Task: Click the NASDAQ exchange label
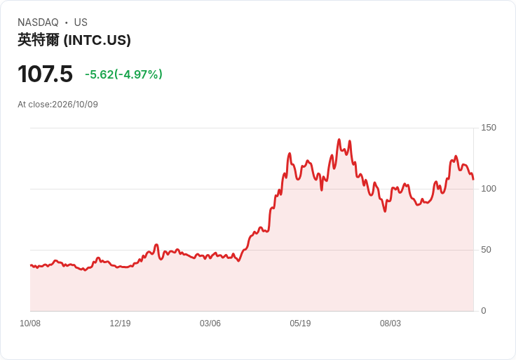[38, 22]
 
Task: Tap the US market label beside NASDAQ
[81, 22]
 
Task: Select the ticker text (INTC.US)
[97, 40]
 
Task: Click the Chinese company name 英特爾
[39, 40]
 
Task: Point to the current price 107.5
[45, 74]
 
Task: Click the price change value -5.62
[99, 74]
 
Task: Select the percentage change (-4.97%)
[138, 74]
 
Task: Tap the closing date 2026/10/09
[75, 105]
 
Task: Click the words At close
[34, 105]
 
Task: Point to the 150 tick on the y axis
[489, 128]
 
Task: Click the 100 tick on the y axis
[489, 189]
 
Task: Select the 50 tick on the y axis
[486, 250]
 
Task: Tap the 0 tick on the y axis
[484, 311]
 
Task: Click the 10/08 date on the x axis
[30, 324]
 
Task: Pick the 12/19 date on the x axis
[120, 324]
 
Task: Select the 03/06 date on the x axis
[210, 324]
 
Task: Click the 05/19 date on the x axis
[300, 324]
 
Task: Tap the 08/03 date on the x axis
[391, 324]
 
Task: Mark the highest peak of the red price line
[339, 140]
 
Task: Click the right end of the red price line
[473, 179]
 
